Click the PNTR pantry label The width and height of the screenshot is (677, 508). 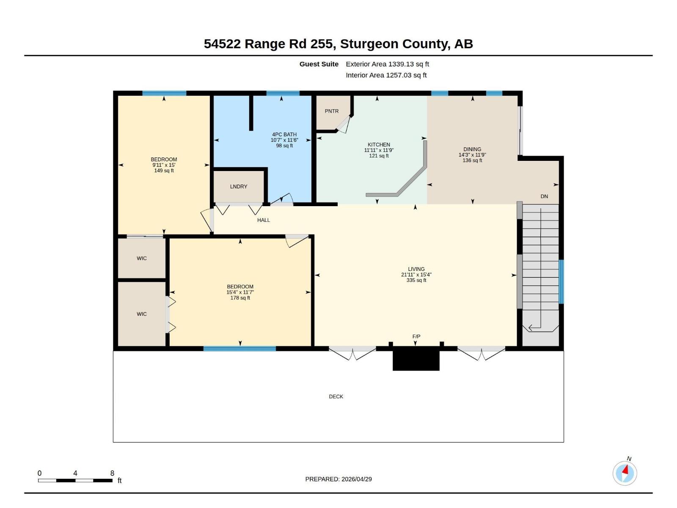[x=332, y=111]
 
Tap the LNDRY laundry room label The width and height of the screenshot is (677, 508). [x=239, y=187]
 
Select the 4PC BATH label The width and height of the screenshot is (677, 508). [x=284, y=135]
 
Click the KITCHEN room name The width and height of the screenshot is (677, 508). [x=379, y=145]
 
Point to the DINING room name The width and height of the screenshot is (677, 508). [x=472, y=149]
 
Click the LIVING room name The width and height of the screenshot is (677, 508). [x=416, y=269]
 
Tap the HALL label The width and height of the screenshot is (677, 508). [x=264, y=220]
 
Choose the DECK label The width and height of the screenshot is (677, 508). [x=336, y=397]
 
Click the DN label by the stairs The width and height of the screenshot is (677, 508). [x=544, y=196]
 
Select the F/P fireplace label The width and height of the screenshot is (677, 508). [x=416, y=337]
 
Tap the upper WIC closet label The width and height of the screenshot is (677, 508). [x=142, y=258]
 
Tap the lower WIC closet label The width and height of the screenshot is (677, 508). [x=142, y=314]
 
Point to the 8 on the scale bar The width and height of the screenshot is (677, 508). [x=112, y=473]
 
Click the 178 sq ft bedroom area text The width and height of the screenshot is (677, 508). [x=240, y=298]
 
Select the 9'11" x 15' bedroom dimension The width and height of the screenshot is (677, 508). [x=164, y=165]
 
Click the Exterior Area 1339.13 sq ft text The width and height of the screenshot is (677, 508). [x=387, y=64]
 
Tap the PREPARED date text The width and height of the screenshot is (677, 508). [x=338, y=479]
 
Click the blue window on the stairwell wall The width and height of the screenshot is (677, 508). [x=561, y=282]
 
